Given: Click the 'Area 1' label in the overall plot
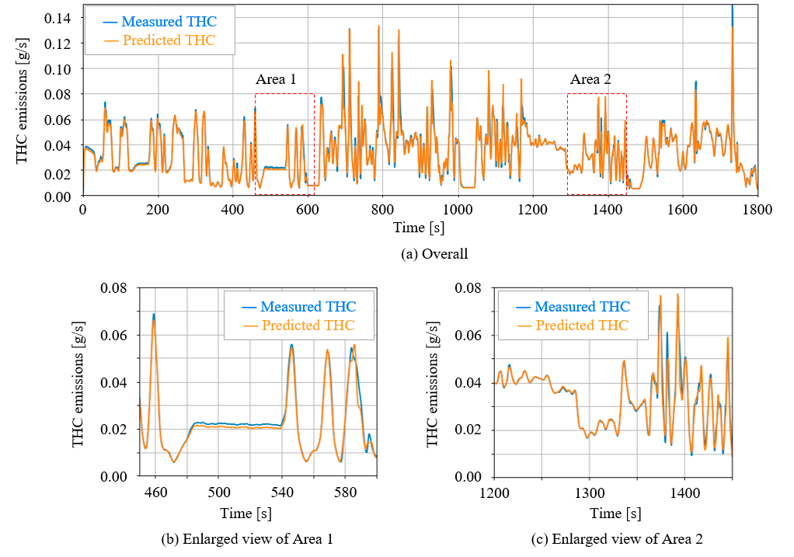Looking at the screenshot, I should pyautogui.click(x=276, y=79).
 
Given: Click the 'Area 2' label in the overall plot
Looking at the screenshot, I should pyautogui.click(x=590, y=79).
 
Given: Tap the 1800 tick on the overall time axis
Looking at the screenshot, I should pyautogui.click(x=757, y=210).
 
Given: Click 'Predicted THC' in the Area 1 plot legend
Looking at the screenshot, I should pyautogui.click(x=308, y=325).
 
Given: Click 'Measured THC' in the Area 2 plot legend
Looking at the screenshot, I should pyautogui.click(x=583, y=307).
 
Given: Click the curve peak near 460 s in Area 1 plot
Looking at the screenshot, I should pyautogui.click(x=154, y=316).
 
